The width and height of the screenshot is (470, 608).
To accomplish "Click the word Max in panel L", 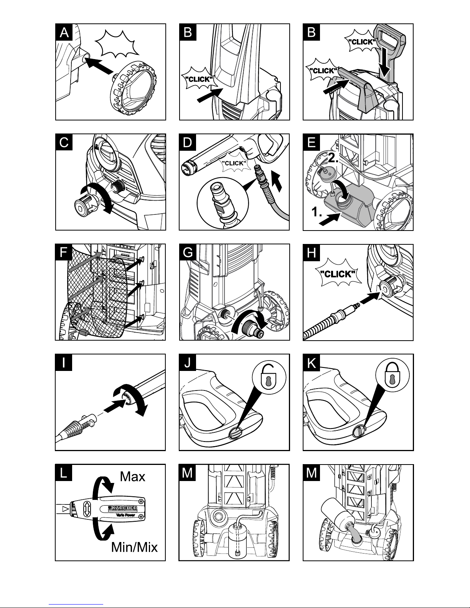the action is click(x=132, y=476).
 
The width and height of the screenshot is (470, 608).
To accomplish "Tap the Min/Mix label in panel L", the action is click(x=134, y=547).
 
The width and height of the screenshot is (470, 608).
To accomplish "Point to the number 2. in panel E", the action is click(x=333, y=158).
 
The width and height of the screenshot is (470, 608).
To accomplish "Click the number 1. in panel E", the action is click(x=317, y=212).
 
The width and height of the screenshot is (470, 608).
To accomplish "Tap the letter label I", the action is click(x=64, y=362).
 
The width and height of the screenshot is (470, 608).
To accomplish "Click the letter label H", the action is click(x=312, y=253).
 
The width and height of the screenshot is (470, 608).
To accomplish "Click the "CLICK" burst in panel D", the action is click(x=234, y=163).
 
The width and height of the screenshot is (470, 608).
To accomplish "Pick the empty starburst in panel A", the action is click(x=117, y=44).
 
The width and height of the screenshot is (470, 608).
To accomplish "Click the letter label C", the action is click(x=64, y=142).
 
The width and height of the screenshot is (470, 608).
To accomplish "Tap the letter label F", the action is click(x=64, y=252).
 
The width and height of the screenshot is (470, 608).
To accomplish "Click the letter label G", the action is click(x=188, y=253).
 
